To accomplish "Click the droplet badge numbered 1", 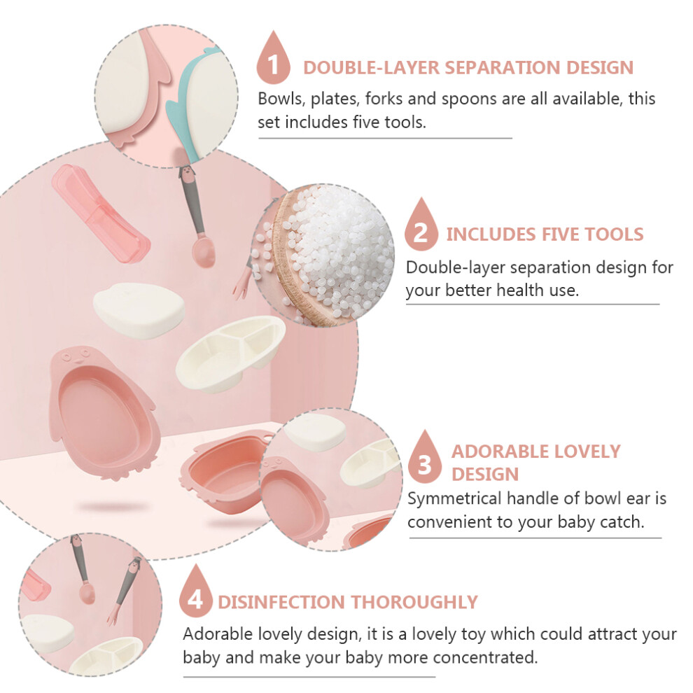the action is [x=273, y=59].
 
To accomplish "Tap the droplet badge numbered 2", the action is [x=421, y=226].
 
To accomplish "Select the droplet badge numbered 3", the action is [x=425, y=458].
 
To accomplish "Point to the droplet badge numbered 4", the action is [x=196, y=593].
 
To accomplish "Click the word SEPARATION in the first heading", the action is [x=503, y=68].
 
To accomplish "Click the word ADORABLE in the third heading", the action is [x=500, y=451].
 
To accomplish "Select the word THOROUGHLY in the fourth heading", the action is [x=414, y=602].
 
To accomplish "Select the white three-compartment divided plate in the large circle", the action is [x=231, y=353].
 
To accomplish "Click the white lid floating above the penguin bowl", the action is [x=139, y=310].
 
